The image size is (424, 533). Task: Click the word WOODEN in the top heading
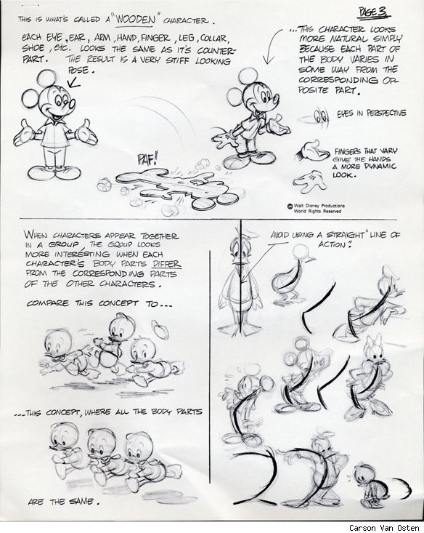point(135,20)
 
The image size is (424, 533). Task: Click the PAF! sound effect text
point(147,159)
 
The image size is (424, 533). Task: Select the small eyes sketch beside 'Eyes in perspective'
point(321,116)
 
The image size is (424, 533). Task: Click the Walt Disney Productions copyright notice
point(317,209)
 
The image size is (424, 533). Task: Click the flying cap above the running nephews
point(160,329)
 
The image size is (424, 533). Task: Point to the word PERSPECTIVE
point(386,113)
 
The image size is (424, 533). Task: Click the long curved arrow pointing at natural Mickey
point(274,46)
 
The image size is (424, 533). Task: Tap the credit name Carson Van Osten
point(384,528)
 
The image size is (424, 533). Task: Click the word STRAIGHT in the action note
point(346,235)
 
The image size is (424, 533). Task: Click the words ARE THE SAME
point(63,502)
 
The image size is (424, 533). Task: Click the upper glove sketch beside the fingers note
point(312,152)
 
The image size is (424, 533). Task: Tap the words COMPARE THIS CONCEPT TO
point(99,303)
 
